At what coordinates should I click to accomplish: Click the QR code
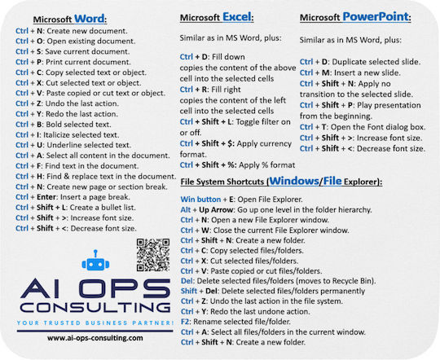pyautogui.click(x=153, y=253)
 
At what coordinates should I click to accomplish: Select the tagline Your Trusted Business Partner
pyautogui.click(x=90, y=323)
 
